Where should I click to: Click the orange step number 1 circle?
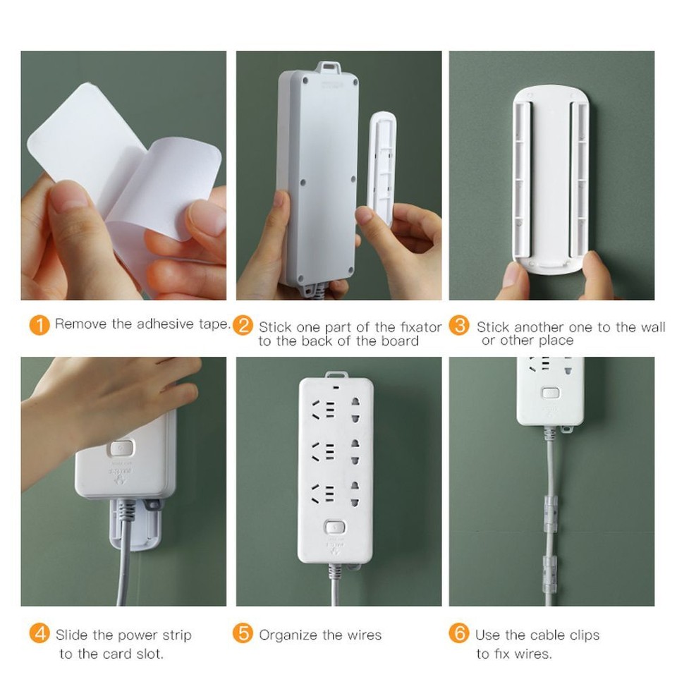[x=40, y=325]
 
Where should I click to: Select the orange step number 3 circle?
[x=460, y=326]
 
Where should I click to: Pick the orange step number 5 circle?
[x=243, y=634]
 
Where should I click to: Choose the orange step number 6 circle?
[x=460, y=634]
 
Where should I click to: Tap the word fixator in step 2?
[x=418, y=327]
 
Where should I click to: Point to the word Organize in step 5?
[x=288, y=635]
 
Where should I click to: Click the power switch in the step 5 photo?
[x=335, y=527]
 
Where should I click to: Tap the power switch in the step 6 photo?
[x=550, y=394]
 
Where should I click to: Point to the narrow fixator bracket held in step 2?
[x=381, y=169]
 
